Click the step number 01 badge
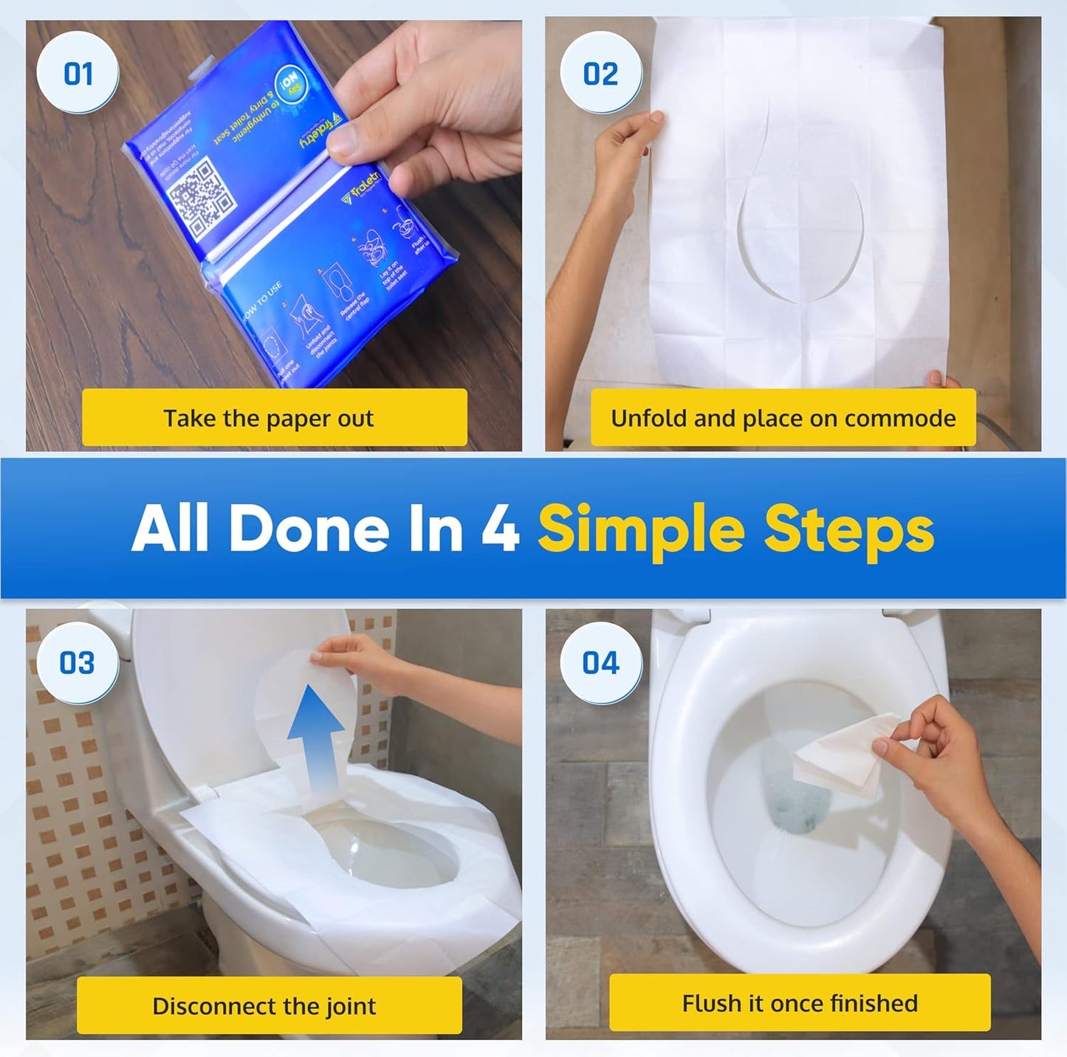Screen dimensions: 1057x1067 (x=78, y=74)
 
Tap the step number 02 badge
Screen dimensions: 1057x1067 (x=600, y=74)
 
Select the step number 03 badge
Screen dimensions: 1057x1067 (x=78, y=662)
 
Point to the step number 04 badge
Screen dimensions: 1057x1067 (x=600, y=662)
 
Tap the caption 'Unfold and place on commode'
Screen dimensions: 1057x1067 (x=783, y=418)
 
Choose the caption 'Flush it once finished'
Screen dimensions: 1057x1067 (x=800, y=1002)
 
